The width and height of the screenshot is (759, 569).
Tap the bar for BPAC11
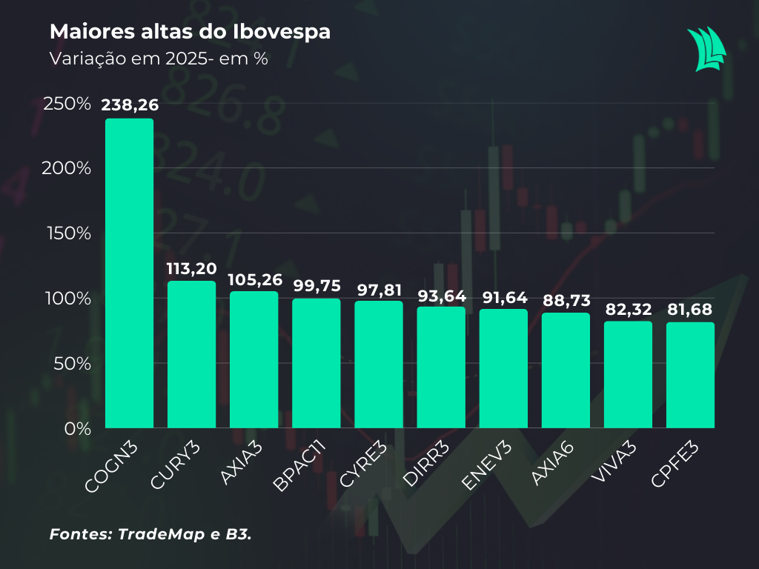[316, 363]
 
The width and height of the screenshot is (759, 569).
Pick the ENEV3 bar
[503, 368]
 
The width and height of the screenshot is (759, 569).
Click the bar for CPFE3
[690, 375]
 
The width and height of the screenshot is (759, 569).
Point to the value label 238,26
[130, 105]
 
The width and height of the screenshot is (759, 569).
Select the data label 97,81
[379, 288]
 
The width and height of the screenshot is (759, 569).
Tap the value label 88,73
[566, 300]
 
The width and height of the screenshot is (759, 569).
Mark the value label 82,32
[628, 308]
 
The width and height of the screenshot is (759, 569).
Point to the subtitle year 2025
[185, 59]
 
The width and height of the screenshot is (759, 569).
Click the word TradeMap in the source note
[153, 533]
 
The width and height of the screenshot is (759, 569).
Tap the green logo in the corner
[706, 49]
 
